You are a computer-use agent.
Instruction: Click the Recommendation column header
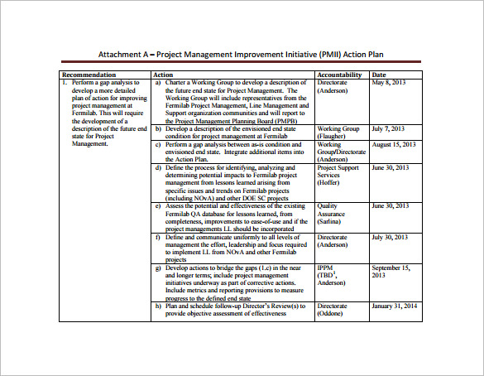(88, 75)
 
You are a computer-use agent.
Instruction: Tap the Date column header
(380, 75)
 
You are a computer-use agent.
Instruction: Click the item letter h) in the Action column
(158, 306)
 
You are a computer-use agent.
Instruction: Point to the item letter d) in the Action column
(158, 167)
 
